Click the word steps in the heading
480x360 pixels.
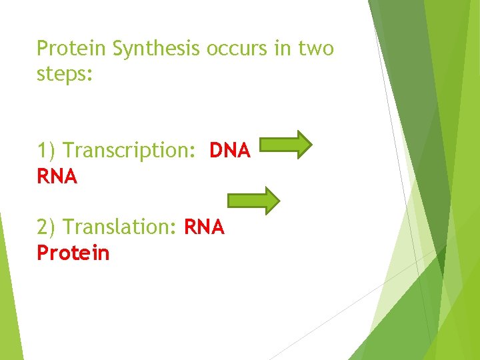[x=63, y=74]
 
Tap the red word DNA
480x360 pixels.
[x=230, y=151]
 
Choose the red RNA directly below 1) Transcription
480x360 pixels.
[x=57, y=177]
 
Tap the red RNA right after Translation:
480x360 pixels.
[x=204, y=228]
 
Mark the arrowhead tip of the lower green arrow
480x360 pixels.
[x=279, y=200]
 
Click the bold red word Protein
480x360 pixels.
[x=73, y=253]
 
